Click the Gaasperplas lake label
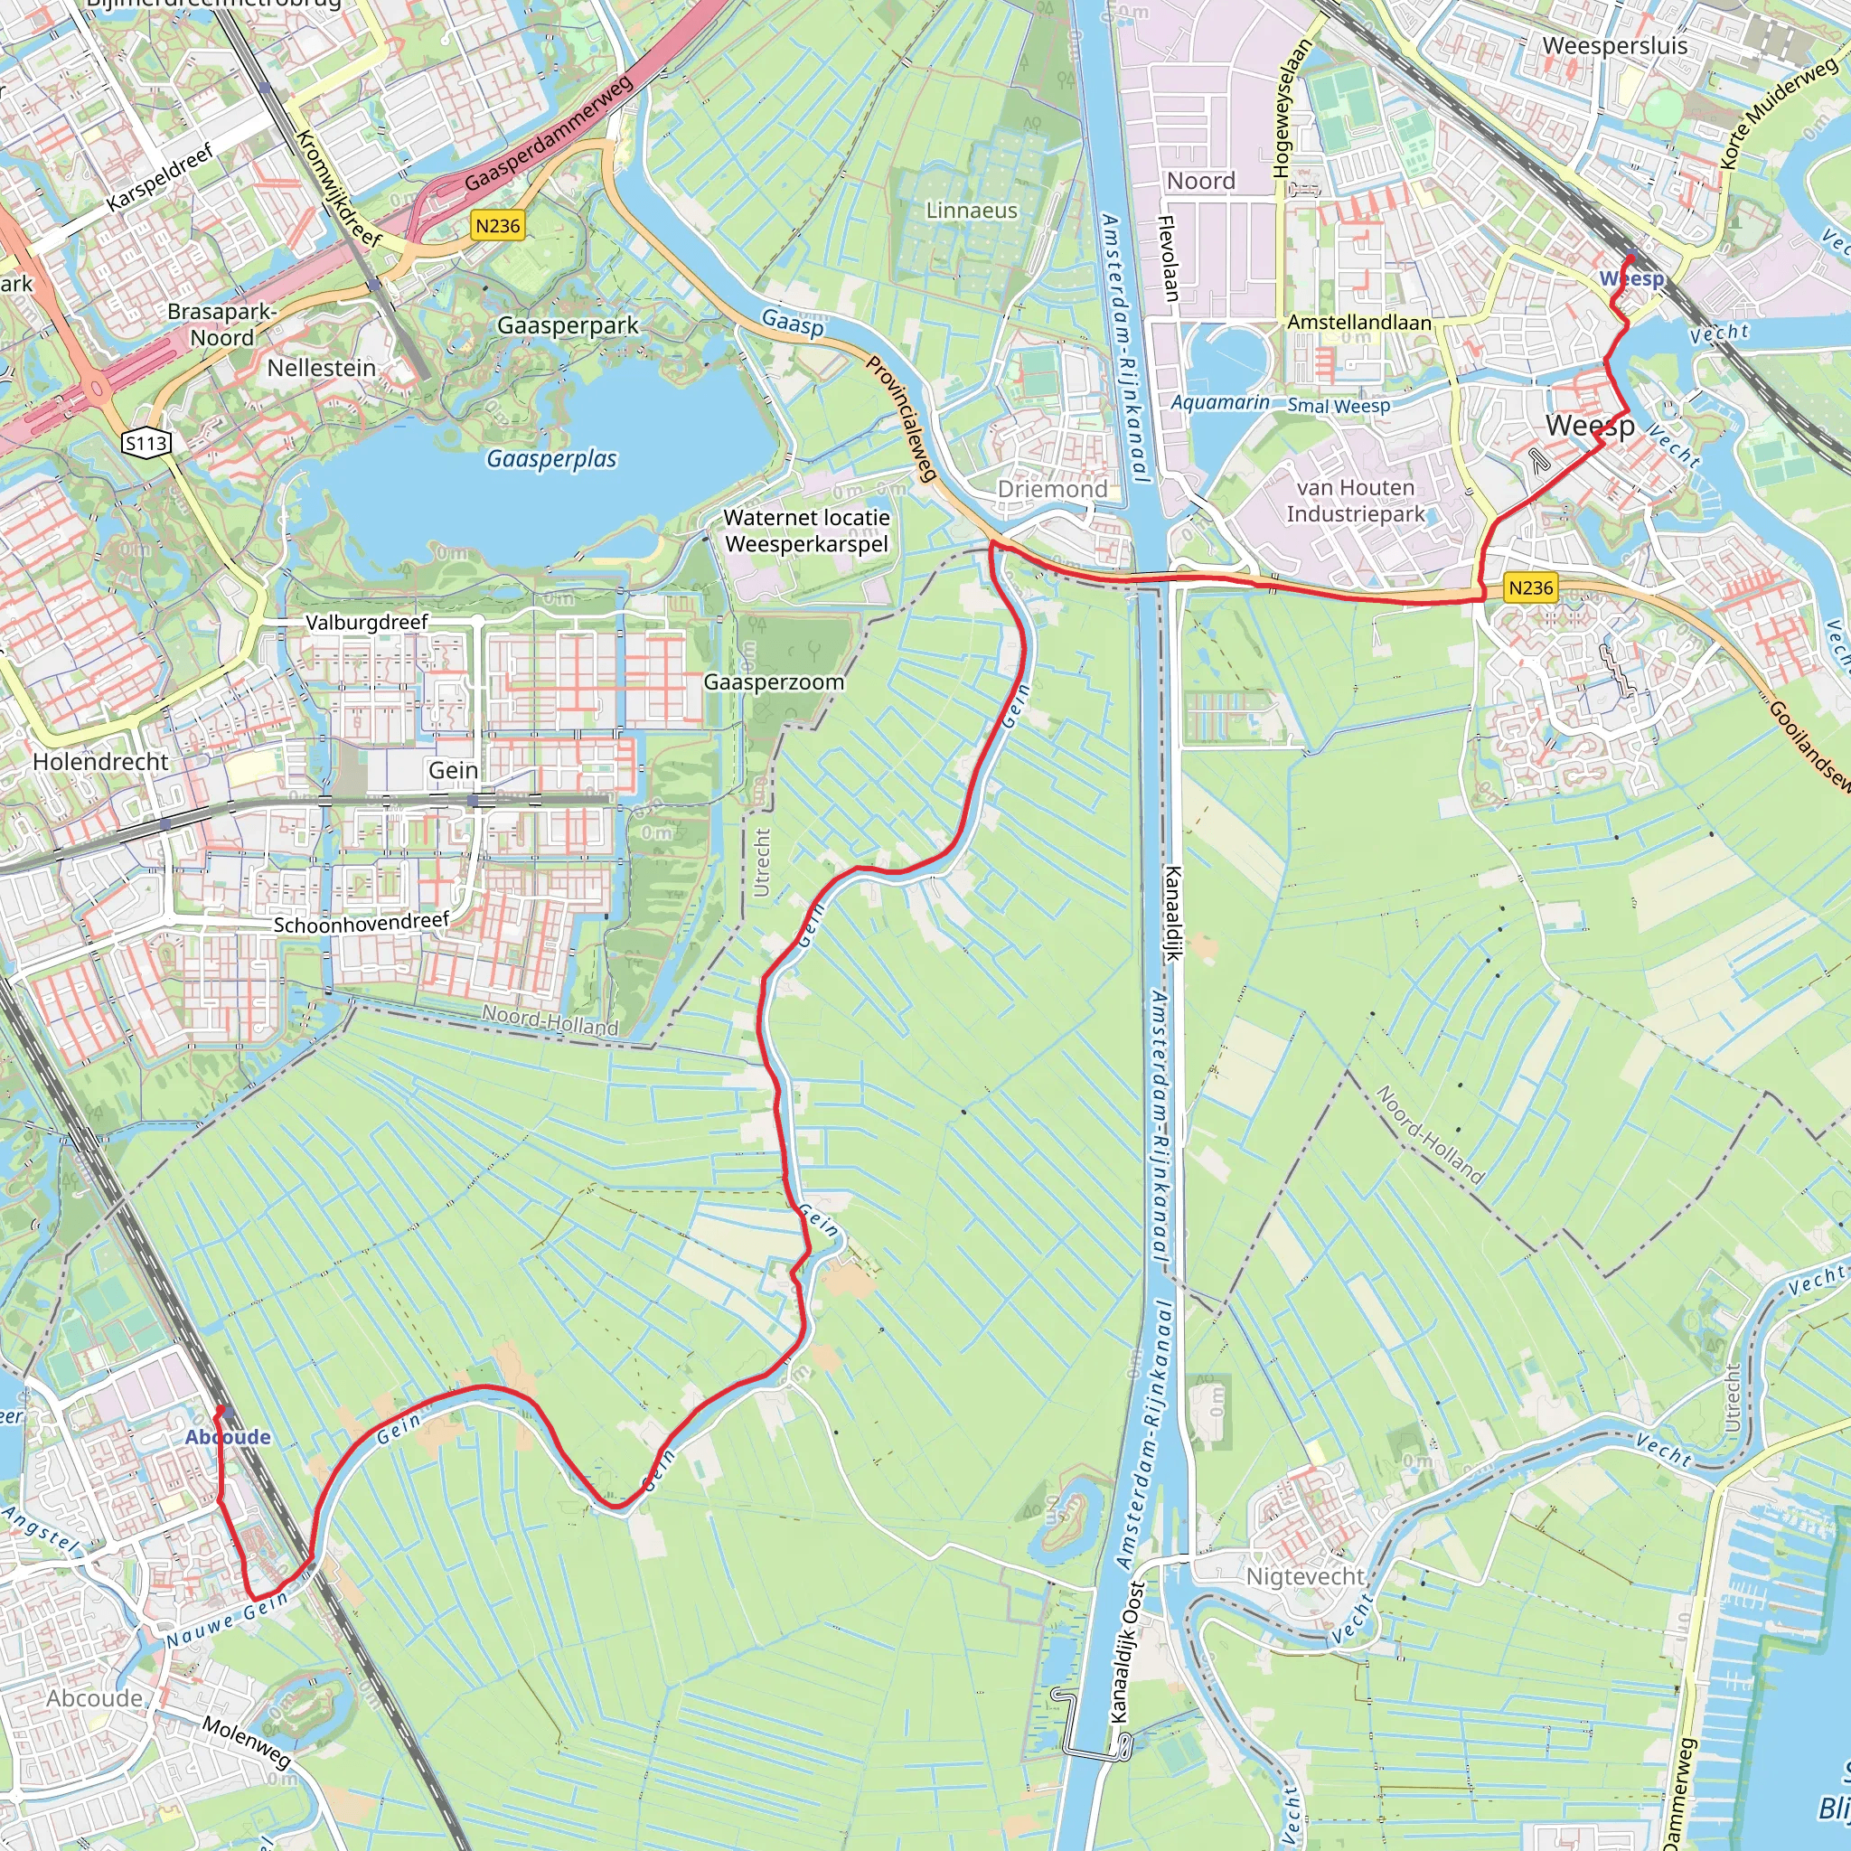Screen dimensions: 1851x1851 point(551,459)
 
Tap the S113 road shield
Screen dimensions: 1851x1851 point(146,443)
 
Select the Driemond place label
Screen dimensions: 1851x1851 point(1052,490)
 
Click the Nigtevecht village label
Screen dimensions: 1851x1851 point(1305,1576)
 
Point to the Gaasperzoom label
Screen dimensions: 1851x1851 point(775,682)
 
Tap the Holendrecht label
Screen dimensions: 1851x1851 point(100,762)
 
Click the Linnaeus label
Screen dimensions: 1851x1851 point(972,211)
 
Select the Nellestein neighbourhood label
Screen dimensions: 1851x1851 point(321,368)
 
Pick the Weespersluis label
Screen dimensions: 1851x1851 point(1615,46)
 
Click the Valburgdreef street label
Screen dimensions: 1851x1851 point(366,623)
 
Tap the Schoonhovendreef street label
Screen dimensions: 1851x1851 point(362,924)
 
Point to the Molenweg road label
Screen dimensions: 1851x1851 point(246,1742)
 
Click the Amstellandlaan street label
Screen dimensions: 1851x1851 point(1358,323)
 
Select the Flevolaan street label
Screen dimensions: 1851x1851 point(1168,258)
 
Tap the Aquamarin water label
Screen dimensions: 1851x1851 point(1219,402)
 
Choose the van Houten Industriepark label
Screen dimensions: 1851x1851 point(1355,501)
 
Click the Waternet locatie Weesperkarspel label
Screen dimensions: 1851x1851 point(807,531)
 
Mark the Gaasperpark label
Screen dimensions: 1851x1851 point(568,325)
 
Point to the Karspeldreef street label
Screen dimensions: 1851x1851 point(159,178)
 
